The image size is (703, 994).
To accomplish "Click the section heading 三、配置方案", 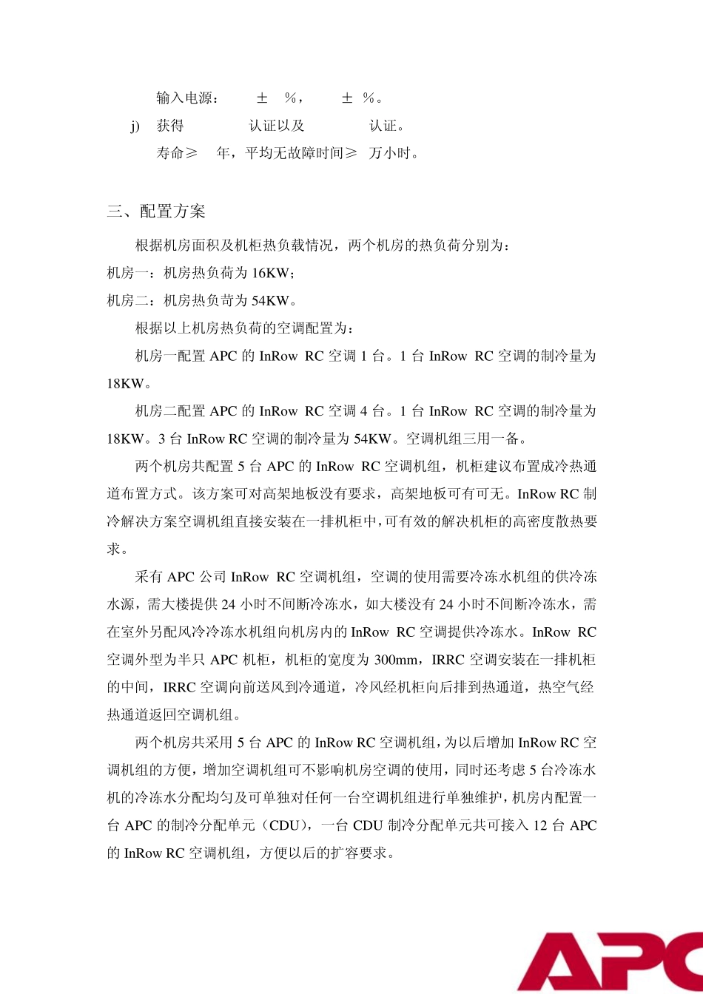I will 156,212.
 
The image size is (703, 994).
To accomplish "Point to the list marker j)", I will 135,126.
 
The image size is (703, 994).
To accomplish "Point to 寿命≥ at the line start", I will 177,154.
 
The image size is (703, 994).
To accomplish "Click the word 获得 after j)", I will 170,126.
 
